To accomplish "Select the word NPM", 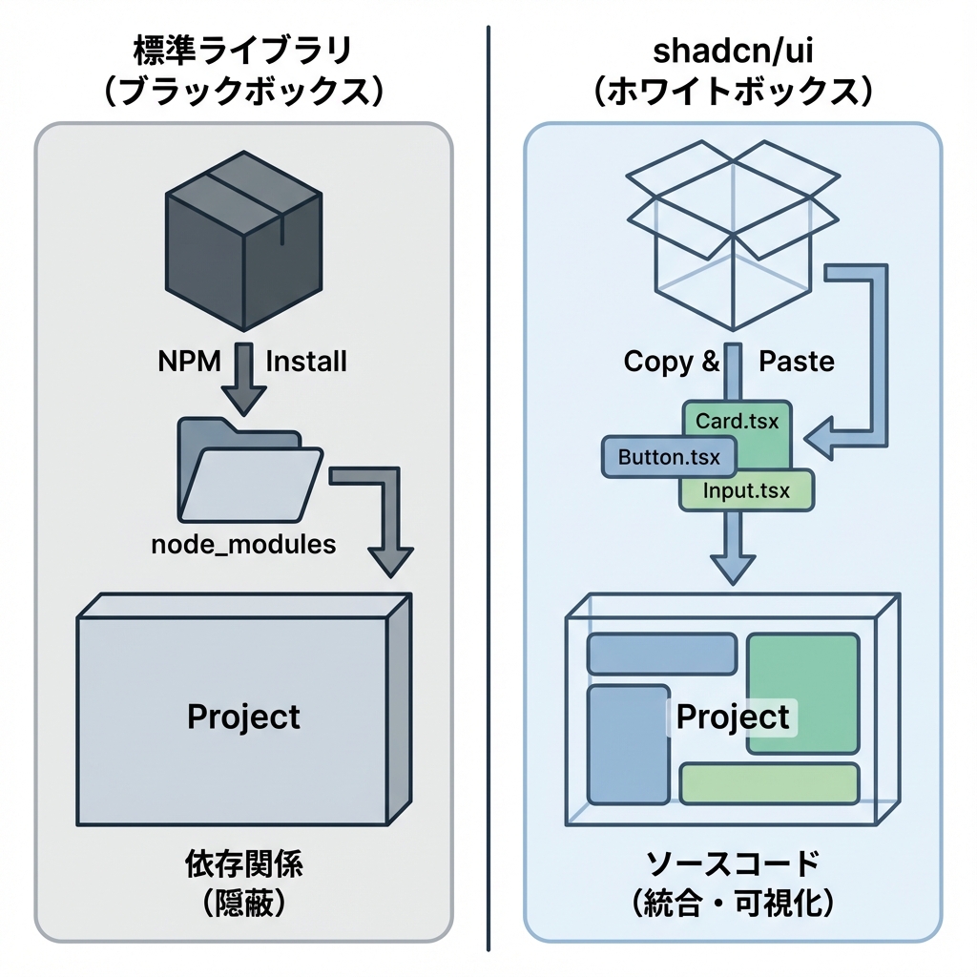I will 189,362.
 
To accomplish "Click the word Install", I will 305,362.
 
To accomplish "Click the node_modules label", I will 244,544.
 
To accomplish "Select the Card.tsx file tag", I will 737,421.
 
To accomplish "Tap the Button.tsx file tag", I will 669,456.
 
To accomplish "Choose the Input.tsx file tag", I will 746,491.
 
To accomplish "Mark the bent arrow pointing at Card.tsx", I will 859,363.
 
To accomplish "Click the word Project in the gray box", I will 243,717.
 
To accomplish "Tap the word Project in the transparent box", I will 733,717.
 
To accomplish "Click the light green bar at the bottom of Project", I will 769,782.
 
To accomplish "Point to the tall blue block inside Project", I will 617,744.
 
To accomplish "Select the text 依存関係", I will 243,864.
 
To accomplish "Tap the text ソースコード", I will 732,864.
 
